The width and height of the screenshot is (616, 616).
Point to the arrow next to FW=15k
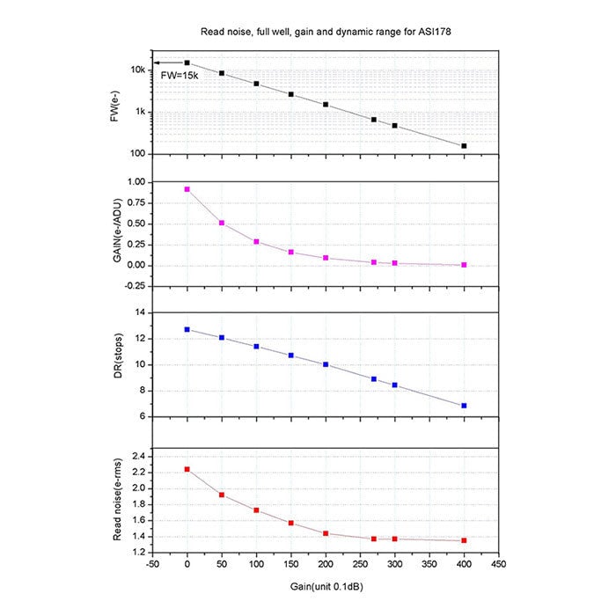click(x=167, y=62)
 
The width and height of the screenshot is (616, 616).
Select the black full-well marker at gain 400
click(x=464, y=146)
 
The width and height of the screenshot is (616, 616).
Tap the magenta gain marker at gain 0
click(x=187, y=189)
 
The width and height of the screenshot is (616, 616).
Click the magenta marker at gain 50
click(x=222, y=223)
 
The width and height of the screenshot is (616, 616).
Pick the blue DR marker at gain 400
click(x=464, y=406)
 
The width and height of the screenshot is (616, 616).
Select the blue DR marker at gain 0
click(x=187, y=329)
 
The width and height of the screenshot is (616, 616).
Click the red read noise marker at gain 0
click(x=187, y=469)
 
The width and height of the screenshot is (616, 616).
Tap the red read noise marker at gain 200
click(x=326, y=533)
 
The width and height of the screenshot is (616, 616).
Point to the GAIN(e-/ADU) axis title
click(x=116, y=232)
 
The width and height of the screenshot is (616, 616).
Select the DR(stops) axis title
click(x=116, y=363)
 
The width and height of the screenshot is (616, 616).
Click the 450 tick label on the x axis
click(x=498, y=564)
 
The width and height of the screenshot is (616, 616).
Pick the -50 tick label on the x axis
click(x=152, y=564)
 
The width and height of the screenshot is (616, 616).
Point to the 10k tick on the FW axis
click(x=138, y=70)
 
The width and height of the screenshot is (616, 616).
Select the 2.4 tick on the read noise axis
click(x=138, y=456)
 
